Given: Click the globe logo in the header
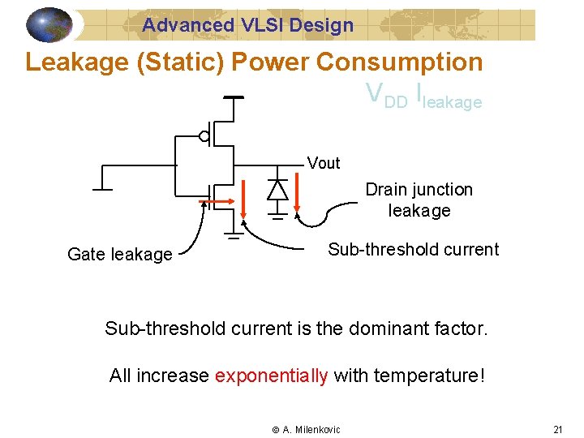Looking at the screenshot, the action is [x=49, y=25].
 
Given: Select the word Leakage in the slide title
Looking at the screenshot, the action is [x=78, y=62].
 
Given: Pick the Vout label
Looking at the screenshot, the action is [x=324, y=163].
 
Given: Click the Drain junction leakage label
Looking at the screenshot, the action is [x=419, y=200].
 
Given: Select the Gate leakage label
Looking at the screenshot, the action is [x=119, y=255].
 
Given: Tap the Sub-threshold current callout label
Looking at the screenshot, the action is [x=413, y=250].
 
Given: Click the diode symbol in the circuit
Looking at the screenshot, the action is [x=277, y=189].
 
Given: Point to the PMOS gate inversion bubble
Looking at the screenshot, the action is [x=204, y=136].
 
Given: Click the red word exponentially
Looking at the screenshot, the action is [x=272, y=376].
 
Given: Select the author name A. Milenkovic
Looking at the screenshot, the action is [x=311, y=429].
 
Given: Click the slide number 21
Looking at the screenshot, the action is [x=557, y=429].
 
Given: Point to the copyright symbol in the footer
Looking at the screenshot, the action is [x=275, y=429].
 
